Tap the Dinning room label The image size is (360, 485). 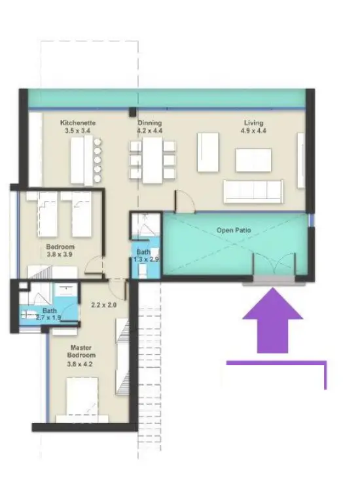pos(150,122)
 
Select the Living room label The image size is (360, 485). pos(253,122)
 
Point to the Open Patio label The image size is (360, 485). pos(234,230)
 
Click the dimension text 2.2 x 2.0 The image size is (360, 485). pos(103,305)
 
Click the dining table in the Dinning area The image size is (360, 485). pos(152,159)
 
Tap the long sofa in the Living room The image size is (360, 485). pos(253,192)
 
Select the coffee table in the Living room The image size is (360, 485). pos(253,160)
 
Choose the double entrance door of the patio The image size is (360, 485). pos(274,265)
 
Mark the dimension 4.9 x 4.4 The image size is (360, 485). pos(253,130)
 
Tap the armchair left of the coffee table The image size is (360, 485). pos(208,153)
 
